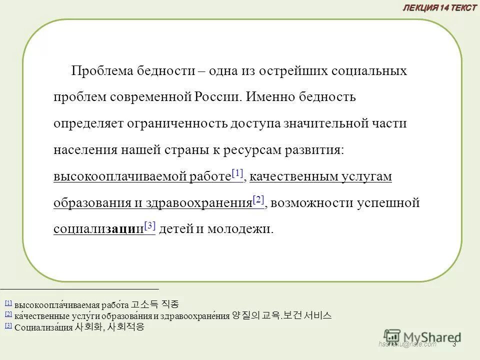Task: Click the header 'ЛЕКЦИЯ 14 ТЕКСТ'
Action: (x=440, y=7)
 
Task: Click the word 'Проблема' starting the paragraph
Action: (x=102, y=71)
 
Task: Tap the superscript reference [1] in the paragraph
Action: (x=237, y=173)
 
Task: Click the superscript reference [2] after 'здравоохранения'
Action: (x=258, y=200)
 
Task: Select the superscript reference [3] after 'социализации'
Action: (x=150, y=226)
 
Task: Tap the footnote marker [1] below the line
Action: (x=8, y=303)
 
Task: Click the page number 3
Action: (x=454, y=344)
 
